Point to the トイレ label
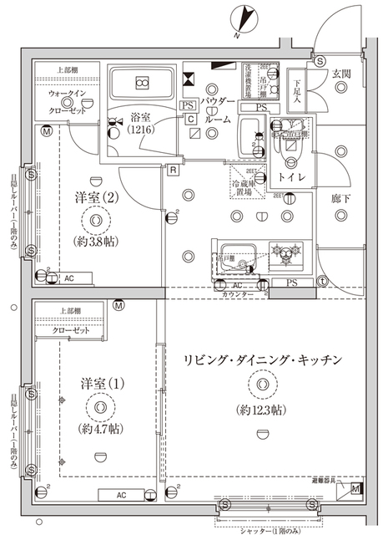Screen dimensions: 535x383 290,178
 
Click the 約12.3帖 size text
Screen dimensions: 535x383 261,409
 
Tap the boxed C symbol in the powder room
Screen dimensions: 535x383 191,120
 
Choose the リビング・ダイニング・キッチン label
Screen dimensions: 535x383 265,359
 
